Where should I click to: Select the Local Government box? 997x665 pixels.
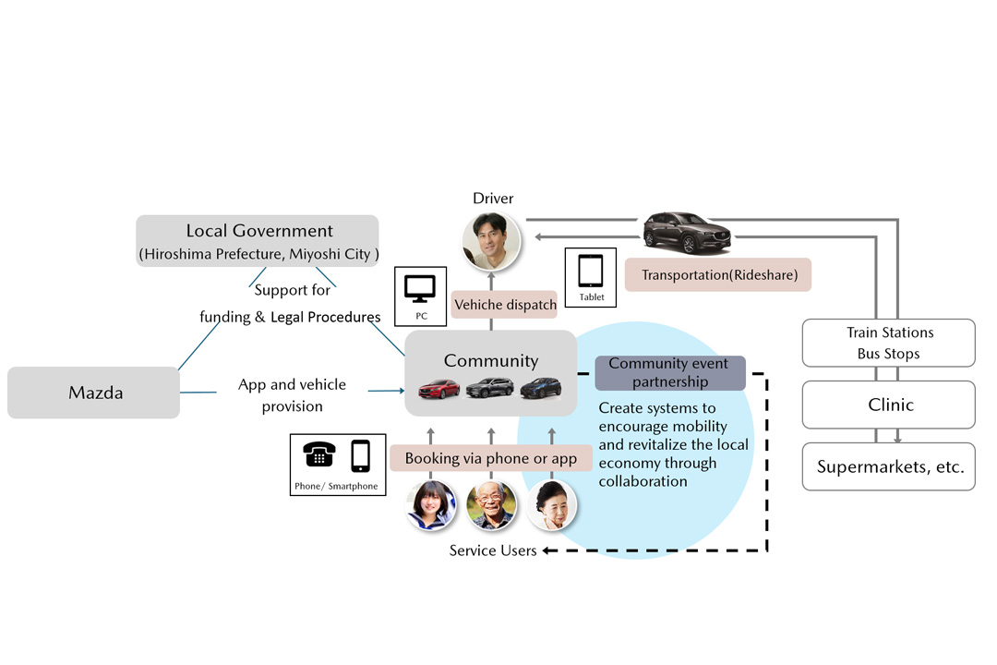click(x=258, y=241)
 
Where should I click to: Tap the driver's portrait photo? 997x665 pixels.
click(x=491, y=241)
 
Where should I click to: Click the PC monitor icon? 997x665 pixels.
click(x=420, y=289)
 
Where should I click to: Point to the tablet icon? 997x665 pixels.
click(x=591, y=272)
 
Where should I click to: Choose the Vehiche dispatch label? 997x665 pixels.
click(x=505, y=305)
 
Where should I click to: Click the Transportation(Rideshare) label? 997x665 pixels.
click(x=717, y=275)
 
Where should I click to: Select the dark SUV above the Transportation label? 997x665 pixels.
click(x=687, y=232)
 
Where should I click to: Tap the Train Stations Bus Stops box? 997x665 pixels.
click(x=889, y=343)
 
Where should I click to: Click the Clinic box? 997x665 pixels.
click(x=889, y=405)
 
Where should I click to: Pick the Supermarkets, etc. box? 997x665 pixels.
click(x=889, y=466)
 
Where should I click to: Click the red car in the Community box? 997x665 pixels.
click(x=439, y=389)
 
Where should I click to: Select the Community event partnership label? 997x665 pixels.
click(x=669, y=372)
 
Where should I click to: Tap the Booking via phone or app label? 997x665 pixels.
click(x=490, y=458)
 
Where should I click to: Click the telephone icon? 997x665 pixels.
click(x=319, y=454)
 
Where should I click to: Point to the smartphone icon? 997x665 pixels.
click(x=360, y=455)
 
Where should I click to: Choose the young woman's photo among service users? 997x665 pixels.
click(x=431, y=505)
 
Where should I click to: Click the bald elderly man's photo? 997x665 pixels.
click(x=491, y=505)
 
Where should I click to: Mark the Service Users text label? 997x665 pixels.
click(x=493, y=550)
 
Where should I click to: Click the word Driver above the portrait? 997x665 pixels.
click(x=493, y=199)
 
